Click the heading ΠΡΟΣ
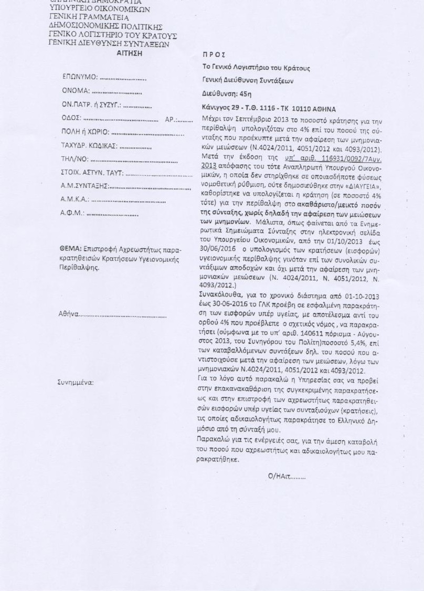click(214, 55)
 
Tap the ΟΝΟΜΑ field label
click(76, 91)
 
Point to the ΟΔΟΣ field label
click(70, 119)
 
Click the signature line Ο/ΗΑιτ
click(285, 477)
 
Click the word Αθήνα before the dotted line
click(70, 314)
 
